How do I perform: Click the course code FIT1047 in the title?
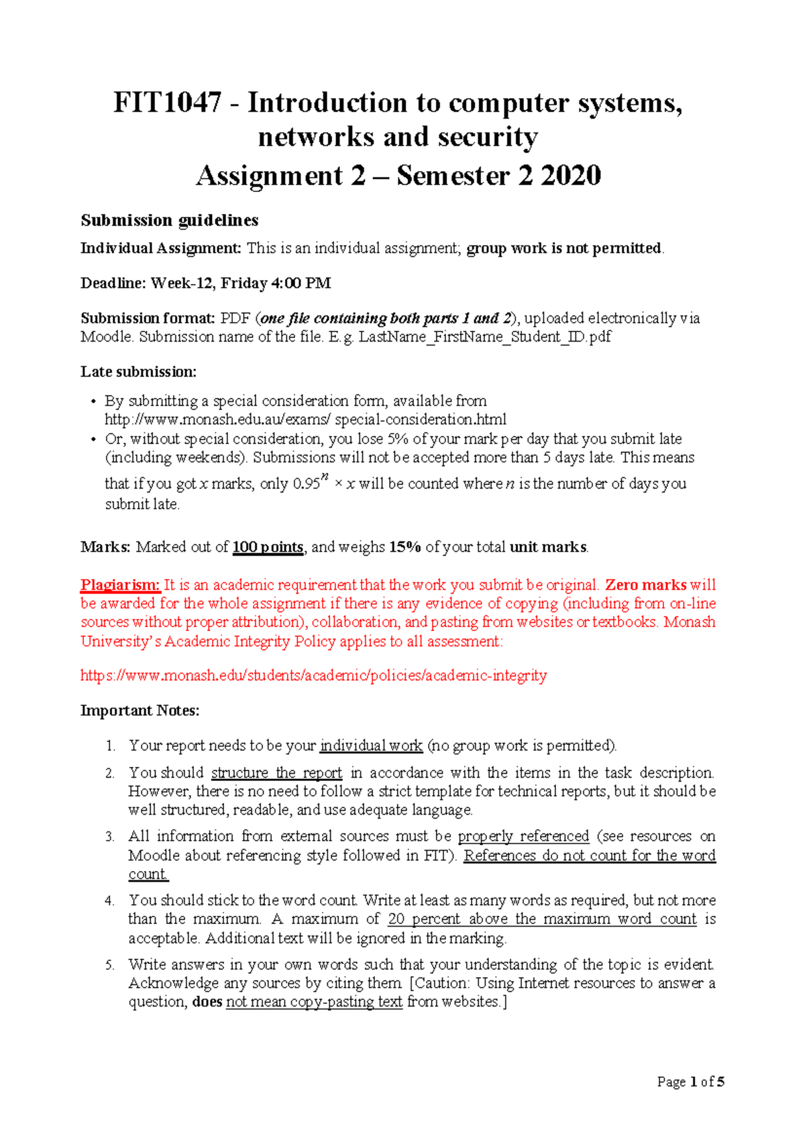pos(167,103)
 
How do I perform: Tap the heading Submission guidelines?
pos(169,220)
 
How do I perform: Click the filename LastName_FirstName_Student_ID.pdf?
pos(484,337)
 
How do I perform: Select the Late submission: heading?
pos(138,372)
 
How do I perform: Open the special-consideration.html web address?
pos(305,419)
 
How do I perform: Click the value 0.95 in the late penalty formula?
pos(306,484)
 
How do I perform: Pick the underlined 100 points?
pos(268,547)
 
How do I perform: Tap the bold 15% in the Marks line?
pos(405,547)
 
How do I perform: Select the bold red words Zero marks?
pos(645,584)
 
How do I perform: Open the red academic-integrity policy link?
pos(313,675)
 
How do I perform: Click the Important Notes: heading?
pos(140,711)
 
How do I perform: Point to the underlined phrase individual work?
pos(371,745)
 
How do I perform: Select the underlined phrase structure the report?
pos(276,772)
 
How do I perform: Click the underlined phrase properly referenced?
pos(523,836)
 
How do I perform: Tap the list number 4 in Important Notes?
pos(109,901)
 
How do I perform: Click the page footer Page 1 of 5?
pos(690,1082)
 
